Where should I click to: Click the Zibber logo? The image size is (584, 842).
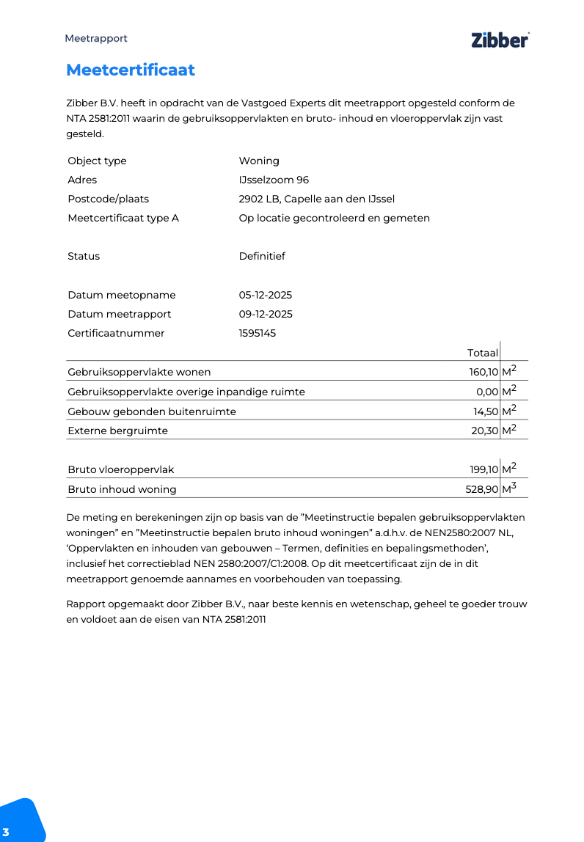coord(500,40)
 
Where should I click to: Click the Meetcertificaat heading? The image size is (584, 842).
coord(131,70)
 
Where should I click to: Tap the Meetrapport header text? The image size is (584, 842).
coord(96,38)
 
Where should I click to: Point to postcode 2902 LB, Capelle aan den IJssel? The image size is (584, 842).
coord(317,199)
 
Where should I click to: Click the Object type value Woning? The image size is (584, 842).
coord(259,161)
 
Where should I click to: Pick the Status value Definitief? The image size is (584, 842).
coord(262,256)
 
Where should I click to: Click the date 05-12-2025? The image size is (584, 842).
coord(266,295)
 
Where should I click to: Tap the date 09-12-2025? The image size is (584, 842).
coord(266,314)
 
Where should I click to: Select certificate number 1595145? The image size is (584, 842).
coord(258,333)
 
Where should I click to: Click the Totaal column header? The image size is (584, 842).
coord(483,353)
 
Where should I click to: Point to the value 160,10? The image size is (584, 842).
coord(483,372)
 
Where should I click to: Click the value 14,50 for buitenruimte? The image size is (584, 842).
coord(486,411)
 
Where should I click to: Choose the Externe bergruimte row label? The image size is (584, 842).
coord(117,431)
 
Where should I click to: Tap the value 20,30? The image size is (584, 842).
coord(485,431)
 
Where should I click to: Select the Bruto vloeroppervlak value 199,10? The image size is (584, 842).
coord(484,469)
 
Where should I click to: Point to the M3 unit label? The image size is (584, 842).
coord(509,488)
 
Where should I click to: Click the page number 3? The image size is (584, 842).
coord(6,831)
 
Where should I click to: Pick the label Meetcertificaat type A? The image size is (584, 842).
coord(123,218)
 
